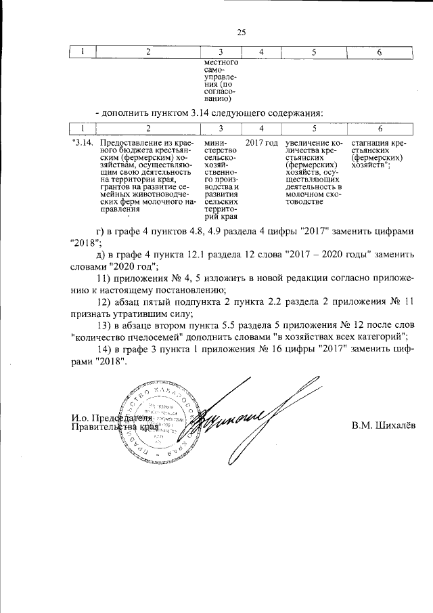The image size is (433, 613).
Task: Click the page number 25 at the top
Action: point(241,31)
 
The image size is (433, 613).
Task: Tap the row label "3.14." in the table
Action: point(82,143)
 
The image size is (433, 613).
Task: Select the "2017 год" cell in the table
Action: point(262,143)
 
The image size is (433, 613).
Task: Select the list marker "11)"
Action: point(105,278)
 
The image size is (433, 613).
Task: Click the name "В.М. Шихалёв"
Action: point(384,425)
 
